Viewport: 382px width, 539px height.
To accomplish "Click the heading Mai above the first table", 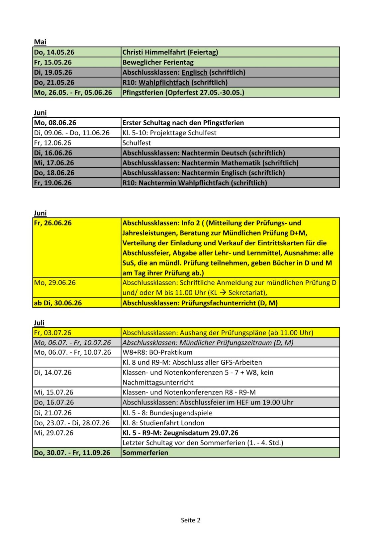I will point(40,42).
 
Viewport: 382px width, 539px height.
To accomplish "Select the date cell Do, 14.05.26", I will point(54,52).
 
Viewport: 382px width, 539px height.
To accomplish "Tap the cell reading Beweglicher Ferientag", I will point(158,62).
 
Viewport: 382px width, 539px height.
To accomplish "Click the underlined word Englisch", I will point(194,72).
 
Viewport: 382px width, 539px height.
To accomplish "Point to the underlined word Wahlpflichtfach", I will point(164,82).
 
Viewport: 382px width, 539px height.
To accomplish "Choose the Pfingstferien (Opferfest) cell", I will point(183,92).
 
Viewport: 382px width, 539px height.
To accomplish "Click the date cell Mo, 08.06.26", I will point(55,123).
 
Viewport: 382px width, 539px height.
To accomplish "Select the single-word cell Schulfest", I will point(137,143).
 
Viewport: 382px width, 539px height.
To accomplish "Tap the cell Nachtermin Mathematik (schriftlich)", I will point(210,163).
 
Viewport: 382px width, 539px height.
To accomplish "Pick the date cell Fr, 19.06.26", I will point(53,183).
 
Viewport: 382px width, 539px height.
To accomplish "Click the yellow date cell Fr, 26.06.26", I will point(53,223).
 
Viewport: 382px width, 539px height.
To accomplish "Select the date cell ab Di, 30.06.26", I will point(58,303).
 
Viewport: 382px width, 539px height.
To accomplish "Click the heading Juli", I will point(39,323).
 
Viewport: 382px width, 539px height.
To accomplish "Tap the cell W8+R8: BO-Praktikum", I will point(157,352).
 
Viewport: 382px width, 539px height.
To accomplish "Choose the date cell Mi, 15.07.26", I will point(53,392).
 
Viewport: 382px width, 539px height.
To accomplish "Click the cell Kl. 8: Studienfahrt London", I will point(163,423).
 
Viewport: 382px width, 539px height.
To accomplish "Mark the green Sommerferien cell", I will point(145,453).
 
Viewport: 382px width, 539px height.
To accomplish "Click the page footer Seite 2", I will point(191,520).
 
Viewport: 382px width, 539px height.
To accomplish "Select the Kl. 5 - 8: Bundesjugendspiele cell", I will point(167,413).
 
